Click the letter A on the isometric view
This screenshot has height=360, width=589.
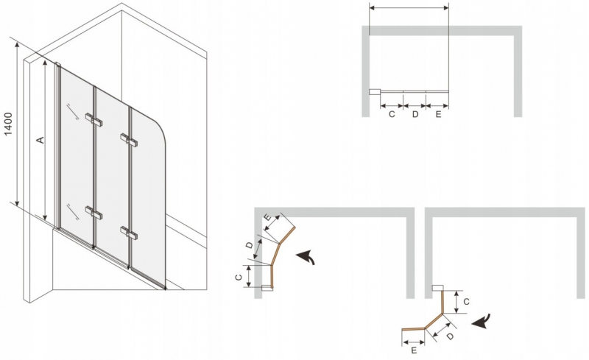(x=40, y=140)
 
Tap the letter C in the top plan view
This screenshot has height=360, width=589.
(x=392, y=114)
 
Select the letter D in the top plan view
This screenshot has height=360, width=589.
(x=415, y=114)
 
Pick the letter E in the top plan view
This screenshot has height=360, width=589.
(x=438, y=114)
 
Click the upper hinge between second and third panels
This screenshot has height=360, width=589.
(x=129, y=139)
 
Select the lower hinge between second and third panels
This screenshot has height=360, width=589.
(x=129, y=233)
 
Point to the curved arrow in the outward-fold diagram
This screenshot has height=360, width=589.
(x=482, y=320)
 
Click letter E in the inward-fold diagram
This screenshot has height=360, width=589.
(x=268, y=218)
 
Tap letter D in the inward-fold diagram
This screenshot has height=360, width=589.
(x=249, y=245)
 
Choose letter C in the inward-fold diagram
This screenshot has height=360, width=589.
(x=238, y=278)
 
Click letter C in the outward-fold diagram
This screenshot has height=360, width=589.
(x=466, y=302)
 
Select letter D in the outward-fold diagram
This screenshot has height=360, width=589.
(x=450, y=336)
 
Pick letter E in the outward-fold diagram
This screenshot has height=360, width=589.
(x=414, y=350)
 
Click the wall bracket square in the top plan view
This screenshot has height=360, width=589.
(x=375, y=92)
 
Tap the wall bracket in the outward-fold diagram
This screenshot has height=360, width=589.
(x=437, y=289)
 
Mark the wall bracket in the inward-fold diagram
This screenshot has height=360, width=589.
(x=267, y=288)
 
